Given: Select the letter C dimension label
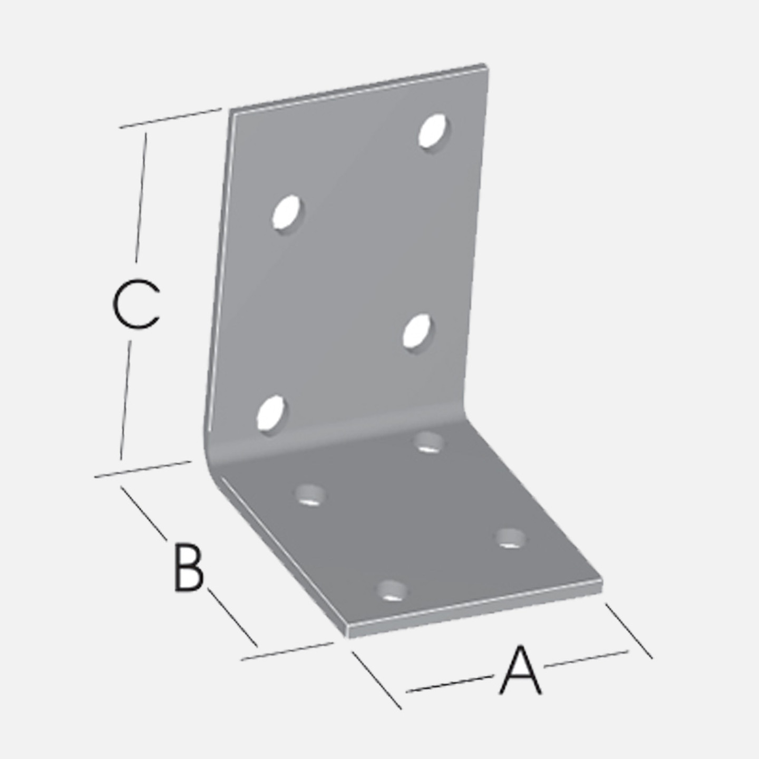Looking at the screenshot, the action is point(136,305).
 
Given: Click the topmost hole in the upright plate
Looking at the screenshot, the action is point(434,131).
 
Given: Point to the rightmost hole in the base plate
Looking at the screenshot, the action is point(511,538).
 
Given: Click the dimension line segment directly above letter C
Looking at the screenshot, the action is point(141,197).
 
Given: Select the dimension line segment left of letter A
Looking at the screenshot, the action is point(450,684).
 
